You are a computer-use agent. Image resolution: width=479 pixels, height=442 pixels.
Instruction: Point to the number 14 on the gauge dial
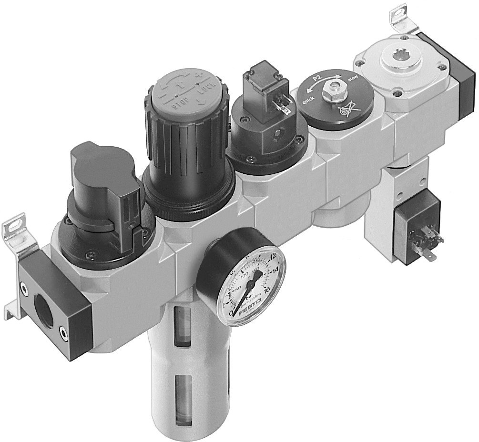click(275, 270)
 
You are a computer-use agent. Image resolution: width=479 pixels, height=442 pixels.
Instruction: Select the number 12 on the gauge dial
click(272, 257)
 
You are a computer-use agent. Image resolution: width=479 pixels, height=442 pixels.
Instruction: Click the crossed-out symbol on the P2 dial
click(347, 110)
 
